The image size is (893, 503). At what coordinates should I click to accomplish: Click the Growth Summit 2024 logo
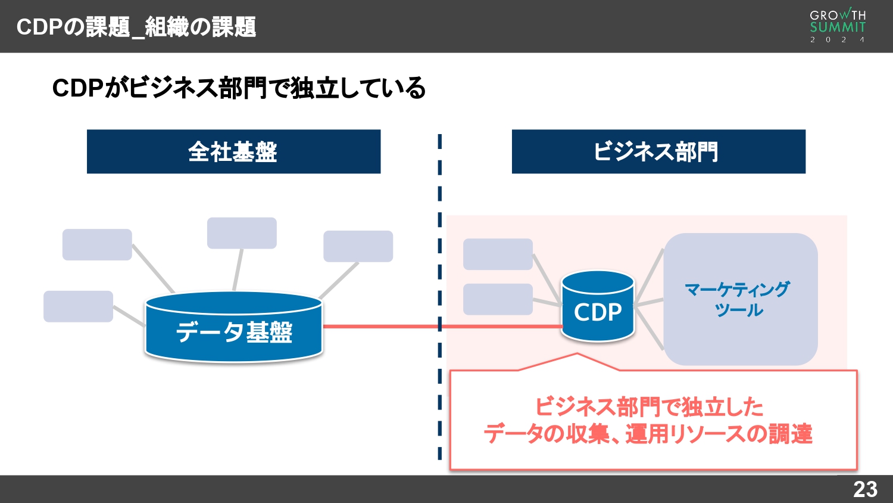click(x=838, y=26)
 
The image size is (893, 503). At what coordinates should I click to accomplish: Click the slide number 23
click(x=865, y=489)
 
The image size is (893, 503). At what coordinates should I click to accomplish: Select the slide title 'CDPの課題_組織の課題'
click(x=136, y=27)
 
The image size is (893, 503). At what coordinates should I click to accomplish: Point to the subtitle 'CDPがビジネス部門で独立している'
click(x=239, y=88)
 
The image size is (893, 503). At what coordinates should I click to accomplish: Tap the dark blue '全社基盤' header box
click(x=233, y=152)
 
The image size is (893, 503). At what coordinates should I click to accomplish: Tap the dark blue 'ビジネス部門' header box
click(x=658, y=152)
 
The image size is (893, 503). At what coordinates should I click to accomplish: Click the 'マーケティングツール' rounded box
click(x=740, y=299)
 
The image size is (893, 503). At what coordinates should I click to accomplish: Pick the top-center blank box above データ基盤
click(x=242, y=233)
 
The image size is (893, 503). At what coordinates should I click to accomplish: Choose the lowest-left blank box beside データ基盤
click(x=78, y=306)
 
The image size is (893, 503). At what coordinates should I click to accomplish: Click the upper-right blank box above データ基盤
click(x=358, y=246)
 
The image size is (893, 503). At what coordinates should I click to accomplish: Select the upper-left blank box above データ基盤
click(x=97, y=244)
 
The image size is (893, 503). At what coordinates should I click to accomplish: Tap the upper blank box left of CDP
click(x=498, y=254)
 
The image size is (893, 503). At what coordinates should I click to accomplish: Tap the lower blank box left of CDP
click(x=498, y=299)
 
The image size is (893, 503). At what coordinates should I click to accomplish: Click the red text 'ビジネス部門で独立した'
click(x=649, y=407)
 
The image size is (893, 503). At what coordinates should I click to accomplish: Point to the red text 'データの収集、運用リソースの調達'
click(x=648, y=434)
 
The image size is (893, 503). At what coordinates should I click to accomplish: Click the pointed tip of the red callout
click(x=576, y=354)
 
